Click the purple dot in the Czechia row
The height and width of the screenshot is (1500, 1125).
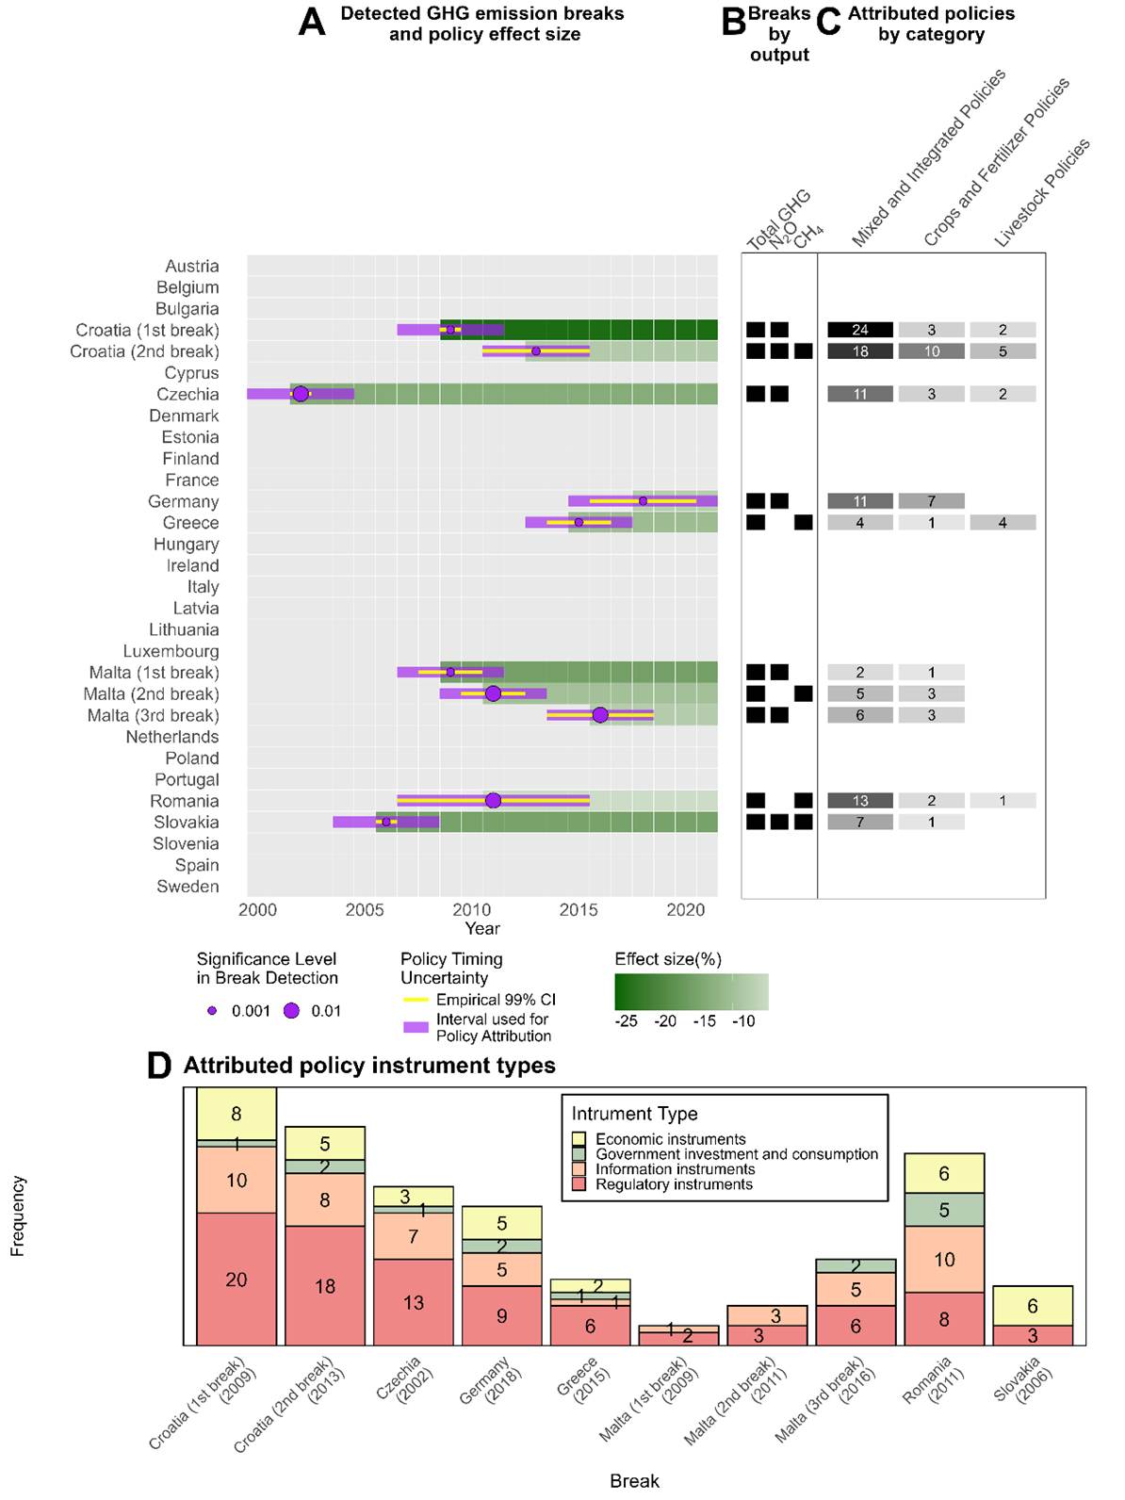301,394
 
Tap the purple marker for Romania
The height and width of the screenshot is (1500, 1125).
493,801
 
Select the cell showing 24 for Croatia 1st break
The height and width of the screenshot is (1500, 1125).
860,330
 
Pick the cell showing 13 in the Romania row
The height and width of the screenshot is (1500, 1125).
860,801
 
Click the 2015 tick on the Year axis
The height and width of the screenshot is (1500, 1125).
579,909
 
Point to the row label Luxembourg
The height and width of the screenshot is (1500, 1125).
171,651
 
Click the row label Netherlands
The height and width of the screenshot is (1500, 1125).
172,737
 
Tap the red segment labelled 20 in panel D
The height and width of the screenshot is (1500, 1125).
236,1280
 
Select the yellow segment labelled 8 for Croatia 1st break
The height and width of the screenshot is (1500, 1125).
236,1114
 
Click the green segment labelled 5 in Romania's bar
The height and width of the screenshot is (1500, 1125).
944,1210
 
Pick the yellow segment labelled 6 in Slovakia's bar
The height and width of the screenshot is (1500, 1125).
1033,1306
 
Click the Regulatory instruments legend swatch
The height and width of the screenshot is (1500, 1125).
579,1184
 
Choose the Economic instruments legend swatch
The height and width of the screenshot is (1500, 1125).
579,1139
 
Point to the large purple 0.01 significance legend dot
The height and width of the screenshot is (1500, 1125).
292,1011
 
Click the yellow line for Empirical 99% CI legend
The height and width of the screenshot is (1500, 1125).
416,1000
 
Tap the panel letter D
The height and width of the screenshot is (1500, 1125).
159,1066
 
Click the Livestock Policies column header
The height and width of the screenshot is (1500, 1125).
1042,193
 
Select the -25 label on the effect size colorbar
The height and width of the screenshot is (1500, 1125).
626,1021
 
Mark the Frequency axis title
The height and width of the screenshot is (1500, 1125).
17,1215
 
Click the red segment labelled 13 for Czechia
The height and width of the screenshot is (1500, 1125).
414,1302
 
